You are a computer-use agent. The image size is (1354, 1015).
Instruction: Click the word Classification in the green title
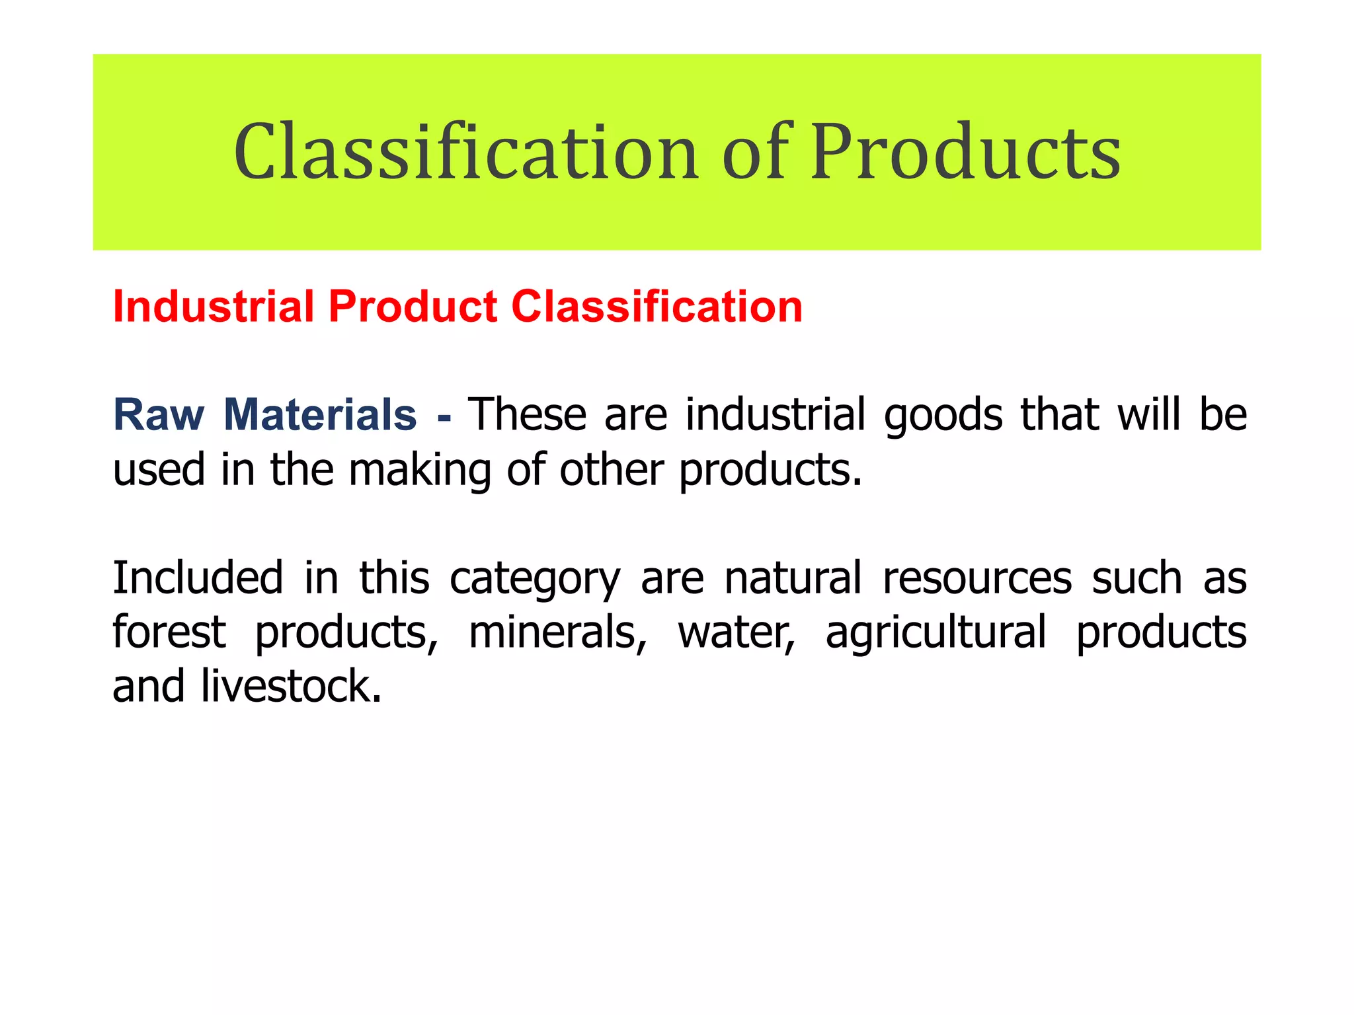coord(466,153)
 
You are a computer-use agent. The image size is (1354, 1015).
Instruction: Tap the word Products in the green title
coord(966,153)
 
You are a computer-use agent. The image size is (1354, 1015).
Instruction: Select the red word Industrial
coord(213,307)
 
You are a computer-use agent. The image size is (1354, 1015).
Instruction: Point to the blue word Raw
coord(159,415)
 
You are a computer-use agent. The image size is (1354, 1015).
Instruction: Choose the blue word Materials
coord(320,415)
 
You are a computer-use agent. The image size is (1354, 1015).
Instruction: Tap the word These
coord(527,415)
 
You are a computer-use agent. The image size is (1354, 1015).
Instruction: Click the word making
coord(419,470)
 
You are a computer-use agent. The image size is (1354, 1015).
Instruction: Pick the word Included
coord(198,578)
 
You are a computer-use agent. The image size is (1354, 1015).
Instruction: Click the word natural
coord(793,578)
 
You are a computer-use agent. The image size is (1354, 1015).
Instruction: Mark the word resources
coord(977,579)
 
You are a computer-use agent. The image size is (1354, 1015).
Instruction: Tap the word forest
coord(169,632)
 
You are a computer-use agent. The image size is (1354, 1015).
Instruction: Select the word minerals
coord(557,632)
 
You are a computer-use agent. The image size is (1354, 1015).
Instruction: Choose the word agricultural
coord(936,633)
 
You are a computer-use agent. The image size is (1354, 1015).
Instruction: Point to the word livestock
coord(291,686)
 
